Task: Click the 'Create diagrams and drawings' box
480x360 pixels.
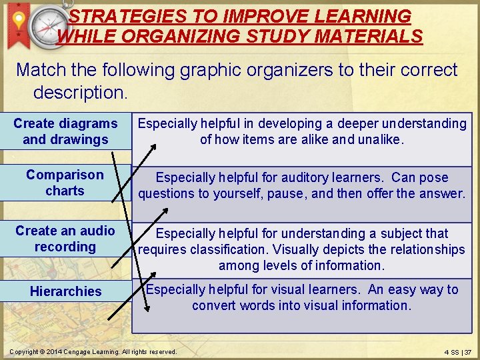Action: [x=65, y=131]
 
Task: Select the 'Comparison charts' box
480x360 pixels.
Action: [x=65, y=183]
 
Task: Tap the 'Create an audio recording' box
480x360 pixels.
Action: [x=65, y=239]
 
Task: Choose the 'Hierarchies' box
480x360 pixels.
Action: [x=65, y=291]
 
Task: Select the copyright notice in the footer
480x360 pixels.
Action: [x=92, y=351]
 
